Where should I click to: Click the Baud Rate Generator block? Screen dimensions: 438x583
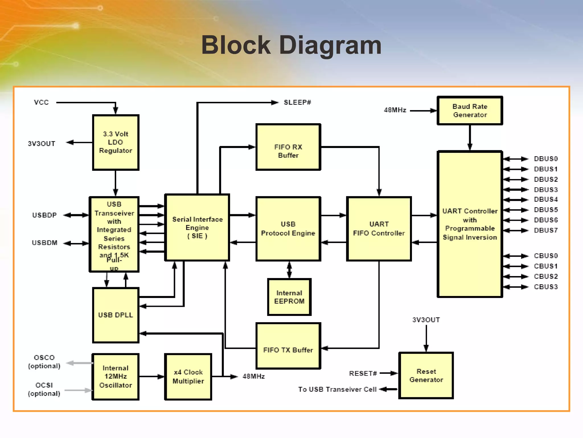[x=470, y=111]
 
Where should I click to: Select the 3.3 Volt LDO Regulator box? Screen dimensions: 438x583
[x=116, y=142]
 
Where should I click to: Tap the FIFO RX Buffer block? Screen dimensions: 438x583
[x=288, y=147]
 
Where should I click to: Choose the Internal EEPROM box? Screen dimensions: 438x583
[x=289, y=297]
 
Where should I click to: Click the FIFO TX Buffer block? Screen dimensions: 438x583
[x=288, y=346]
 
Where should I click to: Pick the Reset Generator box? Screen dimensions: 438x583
[x=426, y=376]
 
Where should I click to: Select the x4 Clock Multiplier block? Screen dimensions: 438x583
[x=188, y=377]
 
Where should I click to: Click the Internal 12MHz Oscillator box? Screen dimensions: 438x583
[x=116, y=377]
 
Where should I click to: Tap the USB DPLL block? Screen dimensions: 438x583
[x=116, y=315]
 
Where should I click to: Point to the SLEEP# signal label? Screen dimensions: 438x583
[x=297, y=102]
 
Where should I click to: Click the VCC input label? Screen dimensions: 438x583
[x=41, y=102]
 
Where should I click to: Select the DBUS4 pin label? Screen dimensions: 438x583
[x=545, y=199]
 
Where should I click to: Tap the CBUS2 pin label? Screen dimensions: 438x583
[x=545, y=276]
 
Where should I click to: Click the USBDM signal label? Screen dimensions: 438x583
[x=45, y=243]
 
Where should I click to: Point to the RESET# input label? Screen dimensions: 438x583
[x=363, y=374]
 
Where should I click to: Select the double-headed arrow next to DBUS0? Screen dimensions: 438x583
[x=516, y=159]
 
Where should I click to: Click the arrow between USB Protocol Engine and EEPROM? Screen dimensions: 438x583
[x=289, y=270]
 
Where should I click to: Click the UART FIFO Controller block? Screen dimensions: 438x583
[x=379, y=229]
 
